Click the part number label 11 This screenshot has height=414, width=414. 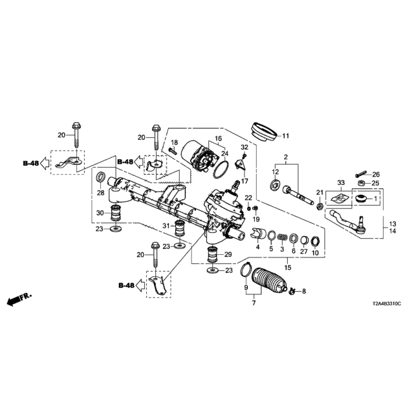pos(286,136)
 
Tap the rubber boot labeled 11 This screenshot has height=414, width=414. pos(264,132)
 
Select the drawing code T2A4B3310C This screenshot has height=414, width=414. pos(387,304)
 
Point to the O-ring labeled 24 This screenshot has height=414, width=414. pos(221,169)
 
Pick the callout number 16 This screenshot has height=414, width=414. pos(219,138)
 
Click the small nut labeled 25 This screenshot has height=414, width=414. pos(361,183)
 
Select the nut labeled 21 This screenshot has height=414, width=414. pos(320,206)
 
